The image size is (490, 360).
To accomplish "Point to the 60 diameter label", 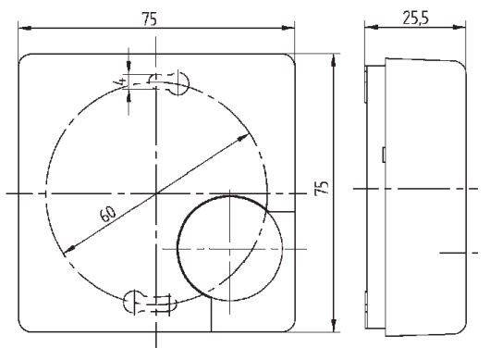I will click(x=107, y=214).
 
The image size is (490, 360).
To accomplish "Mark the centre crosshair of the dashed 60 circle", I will click(x=157, y=192).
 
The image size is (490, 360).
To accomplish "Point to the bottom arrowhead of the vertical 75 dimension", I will click(x=334, y=328).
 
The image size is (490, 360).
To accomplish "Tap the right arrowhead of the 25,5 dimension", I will click(x=462, y=28).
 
